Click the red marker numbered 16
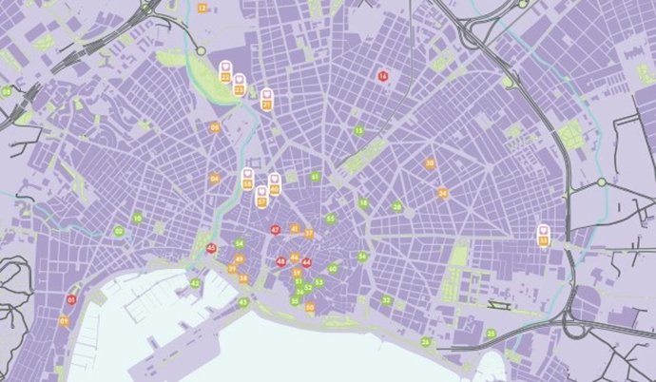[384, 75]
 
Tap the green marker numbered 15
[358, 130]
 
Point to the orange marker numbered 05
[215, 127]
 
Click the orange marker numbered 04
[215, 179]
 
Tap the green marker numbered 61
[315, 177]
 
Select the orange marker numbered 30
[430, 163]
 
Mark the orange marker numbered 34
[442, 193]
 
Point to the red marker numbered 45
[211, 248]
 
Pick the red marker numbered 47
[275, 229]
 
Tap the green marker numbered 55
[330, 219]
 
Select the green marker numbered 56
[362, 256]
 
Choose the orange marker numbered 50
[311, 306]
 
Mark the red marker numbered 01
[71, 300]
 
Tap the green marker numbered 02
[119, 231]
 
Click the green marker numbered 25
[492, 334]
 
